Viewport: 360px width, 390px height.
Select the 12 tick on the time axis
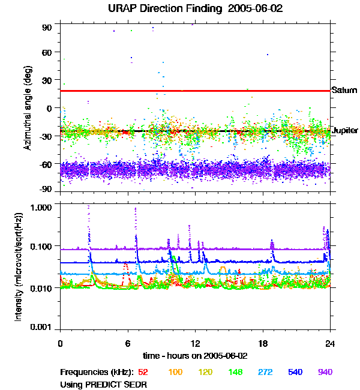tap(195, 344)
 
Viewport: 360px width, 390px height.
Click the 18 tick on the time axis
tap(263, 344)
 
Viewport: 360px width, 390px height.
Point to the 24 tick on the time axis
tap(330, 344)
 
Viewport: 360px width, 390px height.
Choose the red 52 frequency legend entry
tap(143, 372)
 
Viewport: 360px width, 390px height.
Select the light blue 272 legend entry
tap(266, 372)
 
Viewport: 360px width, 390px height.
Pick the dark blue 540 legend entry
tap(296, 372)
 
